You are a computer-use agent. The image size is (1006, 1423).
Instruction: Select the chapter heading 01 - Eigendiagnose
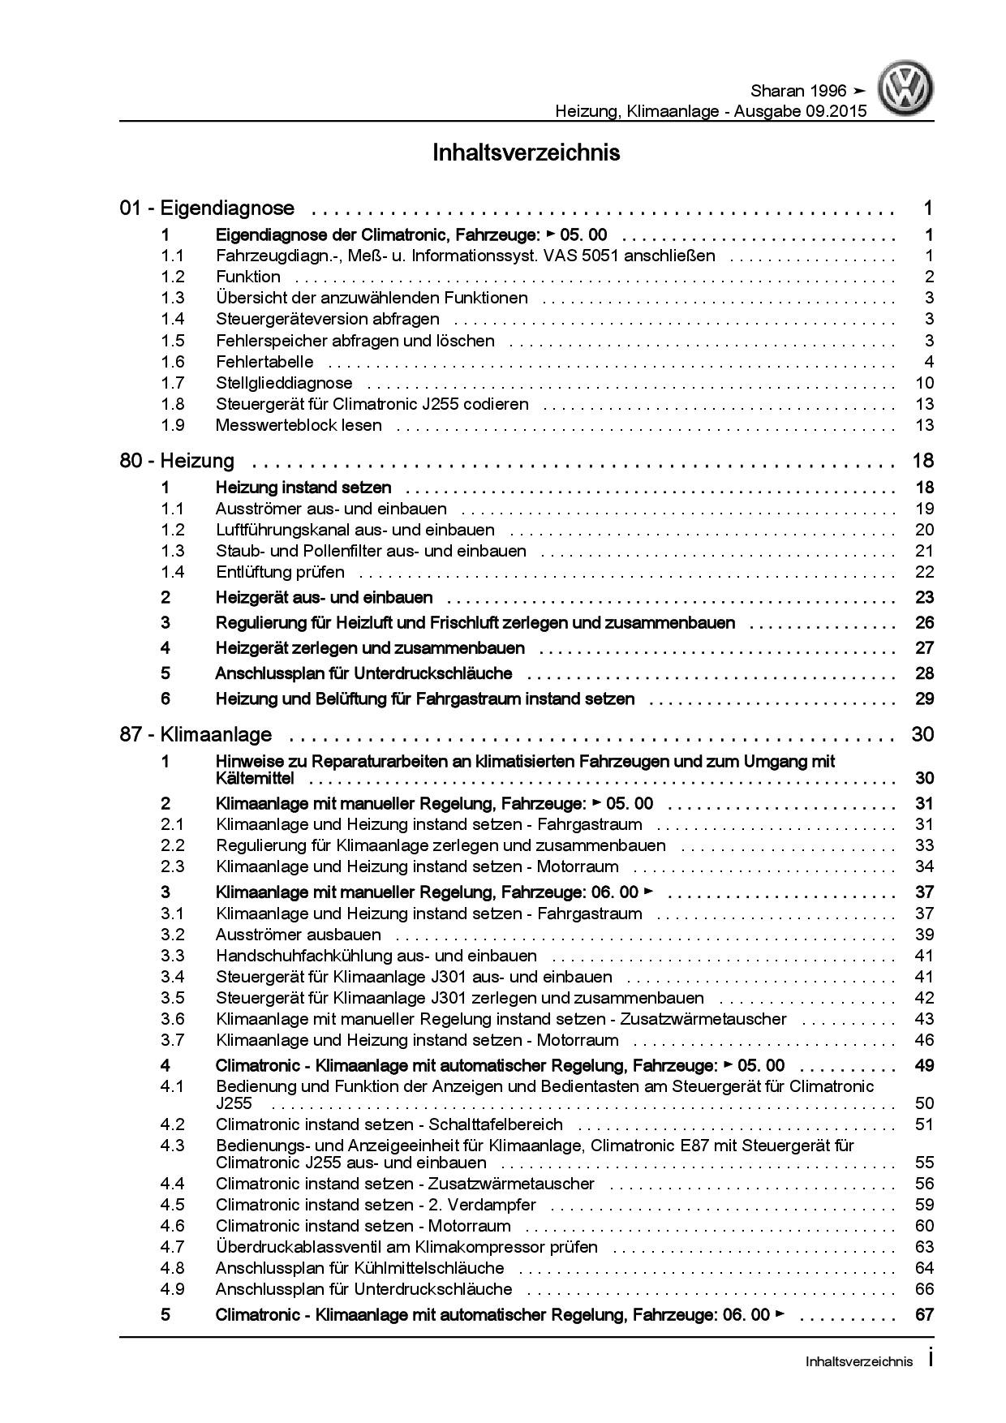click(x=207, y=209)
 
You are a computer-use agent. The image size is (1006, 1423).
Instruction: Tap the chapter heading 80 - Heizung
click(x=177, y=461)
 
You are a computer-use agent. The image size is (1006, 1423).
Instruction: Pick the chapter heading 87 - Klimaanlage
click(x=196, y=735)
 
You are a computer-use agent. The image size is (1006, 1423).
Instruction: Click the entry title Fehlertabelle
click(x=264, y=362)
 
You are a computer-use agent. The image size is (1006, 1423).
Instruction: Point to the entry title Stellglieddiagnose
click(x=284, y=383)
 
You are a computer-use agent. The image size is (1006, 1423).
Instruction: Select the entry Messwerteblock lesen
click(x=299, y=425)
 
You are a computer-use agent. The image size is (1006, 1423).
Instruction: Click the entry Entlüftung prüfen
click(x=280, y=572)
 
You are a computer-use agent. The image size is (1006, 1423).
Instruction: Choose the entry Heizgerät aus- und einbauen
click(x=324, y=598)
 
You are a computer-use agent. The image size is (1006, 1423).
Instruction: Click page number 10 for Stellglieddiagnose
click(x=924, y=383)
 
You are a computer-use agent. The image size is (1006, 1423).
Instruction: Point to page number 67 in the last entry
click(x=924, y=1315)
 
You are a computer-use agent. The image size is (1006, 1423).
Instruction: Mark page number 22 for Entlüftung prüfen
click(x=924, y=572)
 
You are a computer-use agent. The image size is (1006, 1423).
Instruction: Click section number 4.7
click(x=172, y=1247)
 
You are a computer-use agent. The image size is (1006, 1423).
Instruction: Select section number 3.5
click(x=172, y=998)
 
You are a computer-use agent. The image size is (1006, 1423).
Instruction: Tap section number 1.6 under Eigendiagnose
click(x=172, y=362)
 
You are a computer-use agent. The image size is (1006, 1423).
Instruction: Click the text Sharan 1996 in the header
click(x=794, y=91)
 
